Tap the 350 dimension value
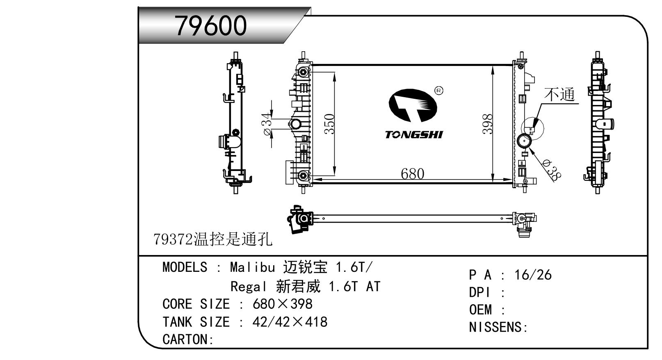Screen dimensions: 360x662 click(x=329, y=124)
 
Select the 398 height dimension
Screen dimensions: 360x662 click(x=487, y=124)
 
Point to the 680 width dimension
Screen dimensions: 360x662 click(x=412, y=174)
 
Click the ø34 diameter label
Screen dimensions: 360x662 click(x=267, y=125)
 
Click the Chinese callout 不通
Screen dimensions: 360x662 click(x=559, y=94)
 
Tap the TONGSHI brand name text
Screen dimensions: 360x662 click(x=414, y=134)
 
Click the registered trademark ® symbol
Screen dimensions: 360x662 click(x=438, y=90)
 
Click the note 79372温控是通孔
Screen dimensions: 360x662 click(x=212, y=239)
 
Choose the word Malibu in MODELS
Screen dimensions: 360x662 click(x=252, y=268)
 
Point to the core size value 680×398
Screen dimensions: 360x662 click(x=283, y=304)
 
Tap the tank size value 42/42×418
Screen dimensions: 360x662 click(x=290, y=322)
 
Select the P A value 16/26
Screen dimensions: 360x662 click(x=533, y=275)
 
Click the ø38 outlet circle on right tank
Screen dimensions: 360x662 click(x=524, y=142)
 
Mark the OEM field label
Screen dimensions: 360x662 click(x=480, y=310)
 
